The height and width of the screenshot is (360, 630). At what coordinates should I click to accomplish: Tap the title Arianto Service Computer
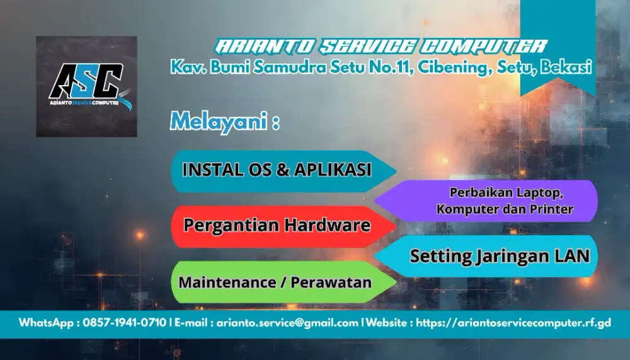[381, 46]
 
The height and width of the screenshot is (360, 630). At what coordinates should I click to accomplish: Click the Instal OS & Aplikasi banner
[277, 170]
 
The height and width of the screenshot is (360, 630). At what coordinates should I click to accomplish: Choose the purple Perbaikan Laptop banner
[504, 200]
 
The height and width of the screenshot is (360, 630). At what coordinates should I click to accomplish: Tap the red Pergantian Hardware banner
[277, 225]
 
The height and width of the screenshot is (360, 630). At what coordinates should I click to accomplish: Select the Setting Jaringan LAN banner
[499, 256]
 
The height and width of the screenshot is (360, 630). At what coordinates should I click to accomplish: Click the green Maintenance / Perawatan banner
[275, 282]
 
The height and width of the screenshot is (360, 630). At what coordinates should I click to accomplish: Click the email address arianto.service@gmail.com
[287, 323]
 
